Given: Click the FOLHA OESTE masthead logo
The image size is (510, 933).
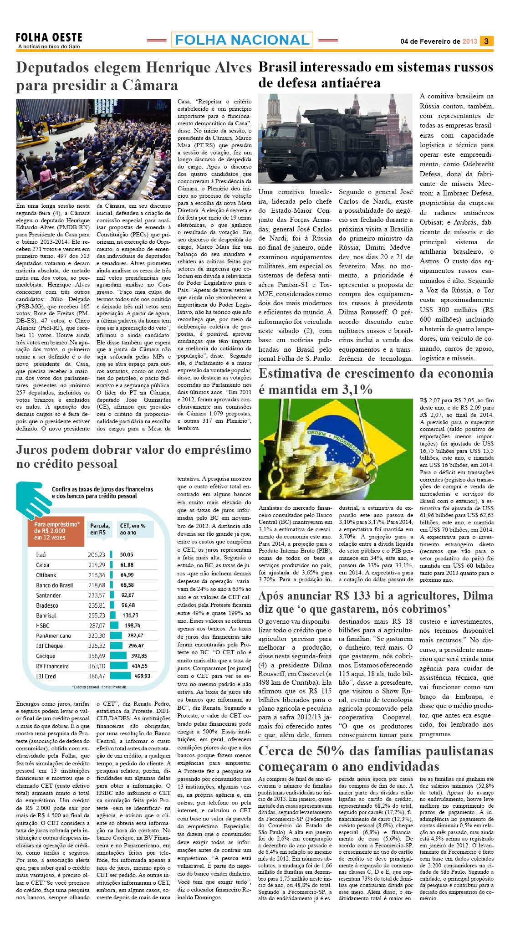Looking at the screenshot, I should (49, 38).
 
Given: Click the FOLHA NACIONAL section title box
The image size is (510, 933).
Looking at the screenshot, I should (242, 40).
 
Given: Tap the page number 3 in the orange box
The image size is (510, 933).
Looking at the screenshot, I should (486, 41).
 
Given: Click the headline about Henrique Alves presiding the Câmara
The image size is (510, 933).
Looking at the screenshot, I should (133, 76).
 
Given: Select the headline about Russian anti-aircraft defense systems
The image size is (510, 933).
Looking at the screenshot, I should (375, 75).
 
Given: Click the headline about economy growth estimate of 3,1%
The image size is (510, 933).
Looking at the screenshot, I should (375, 381).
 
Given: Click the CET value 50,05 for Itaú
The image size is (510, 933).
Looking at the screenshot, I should (127, 554).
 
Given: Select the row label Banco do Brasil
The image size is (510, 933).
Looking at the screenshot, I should (55, 585).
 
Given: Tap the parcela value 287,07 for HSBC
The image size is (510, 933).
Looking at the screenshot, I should (97, 625).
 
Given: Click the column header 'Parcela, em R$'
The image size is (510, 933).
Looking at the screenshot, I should (100, 529).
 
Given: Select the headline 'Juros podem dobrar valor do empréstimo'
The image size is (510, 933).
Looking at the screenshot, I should (133, 456).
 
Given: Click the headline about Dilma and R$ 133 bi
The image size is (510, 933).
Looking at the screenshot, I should (375, 602).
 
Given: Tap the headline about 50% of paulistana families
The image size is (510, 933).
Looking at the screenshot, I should (375, 759).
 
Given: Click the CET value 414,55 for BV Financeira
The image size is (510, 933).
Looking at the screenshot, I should (139, 666).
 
